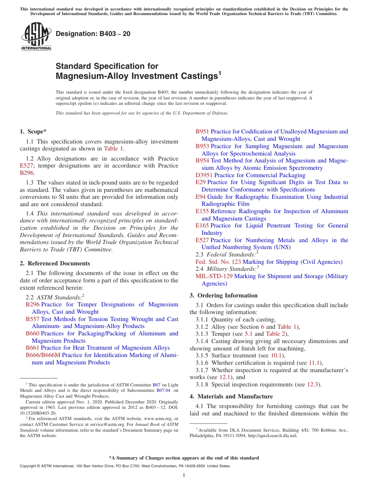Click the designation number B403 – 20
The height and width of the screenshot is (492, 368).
pyautogui.click(x=93, y=34)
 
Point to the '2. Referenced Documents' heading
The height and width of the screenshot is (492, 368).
pyautogui.click(x=55, y=263)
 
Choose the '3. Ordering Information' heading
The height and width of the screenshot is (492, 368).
pyautogui.click(x=224, y=296)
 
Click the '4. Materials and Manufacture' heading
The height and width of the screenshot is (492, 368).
pyautogui.click(x=231, y=396)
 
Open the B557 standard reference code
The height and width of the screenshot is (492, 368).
pyautogui.click(x=33, y=319)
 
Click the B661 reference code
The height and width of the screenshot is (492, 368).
pyautogui.click(x=33, y=348)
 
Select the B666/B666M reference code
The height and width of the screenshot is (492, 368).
pyautogui.click(x=43, y=355)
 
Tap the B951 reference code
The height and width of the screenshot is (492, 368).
pyautogui.click(x=202, y=132)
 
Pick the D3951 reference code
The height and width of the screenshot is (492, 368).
pyautogui.click(x=204, y=175)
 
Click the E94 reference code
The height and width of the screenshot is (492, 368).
pyautogui.click(x=201, y=197)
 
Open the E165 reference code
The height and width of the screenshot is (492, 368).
pyautogui.click(x=202, y=226)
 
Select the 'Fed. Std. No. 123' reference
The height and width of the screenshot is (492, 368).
pyautogui.click(x=218, y=262)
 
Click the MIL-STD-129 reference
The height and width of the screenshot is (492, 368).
pyautogui.click(x=214, y=276)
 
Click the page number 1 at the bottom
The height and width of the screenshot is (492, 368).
pyautogui.click(x=184, y=475)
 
